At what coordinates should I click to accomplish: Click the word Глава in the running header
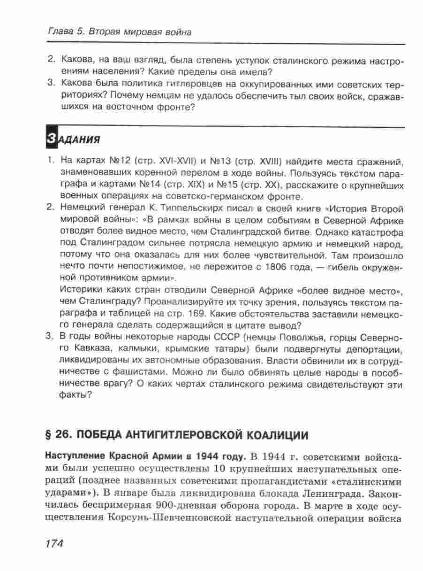tap(60, 32)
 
